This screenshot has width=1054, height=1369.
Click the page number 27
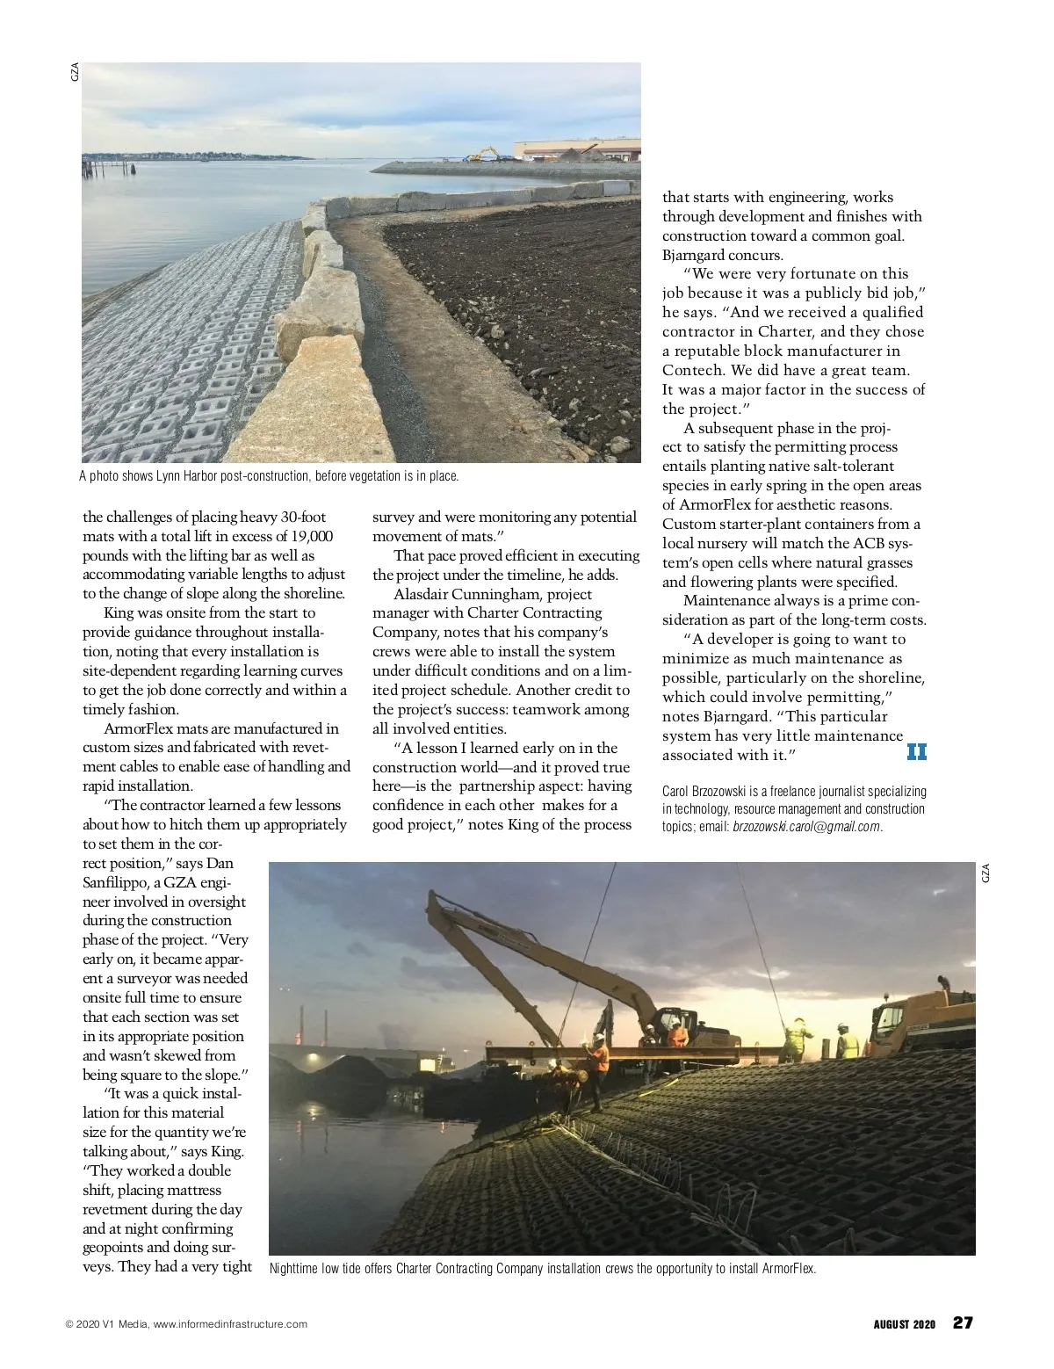pos(964,1322)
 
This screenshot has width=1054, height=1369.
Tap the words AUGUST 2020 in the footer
pos(904,1324)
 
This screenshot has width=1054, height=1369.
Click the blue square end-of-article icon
pos(916,752)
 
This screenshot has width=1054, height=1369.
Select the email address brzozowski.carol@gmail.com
pos(806,827)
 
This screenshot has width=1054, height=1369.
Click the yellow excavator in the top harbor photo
pos(482,155)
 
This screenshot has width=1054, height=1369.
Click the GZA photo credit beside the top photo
pos(75,72)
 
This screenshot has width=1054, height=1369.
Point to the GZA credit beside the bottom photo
pos(985,873)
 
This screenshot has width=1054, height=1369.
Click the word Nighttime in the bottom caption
pos(293,1268)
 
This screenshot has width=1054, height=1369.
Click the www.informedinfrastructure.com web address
pos(230,1324)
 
